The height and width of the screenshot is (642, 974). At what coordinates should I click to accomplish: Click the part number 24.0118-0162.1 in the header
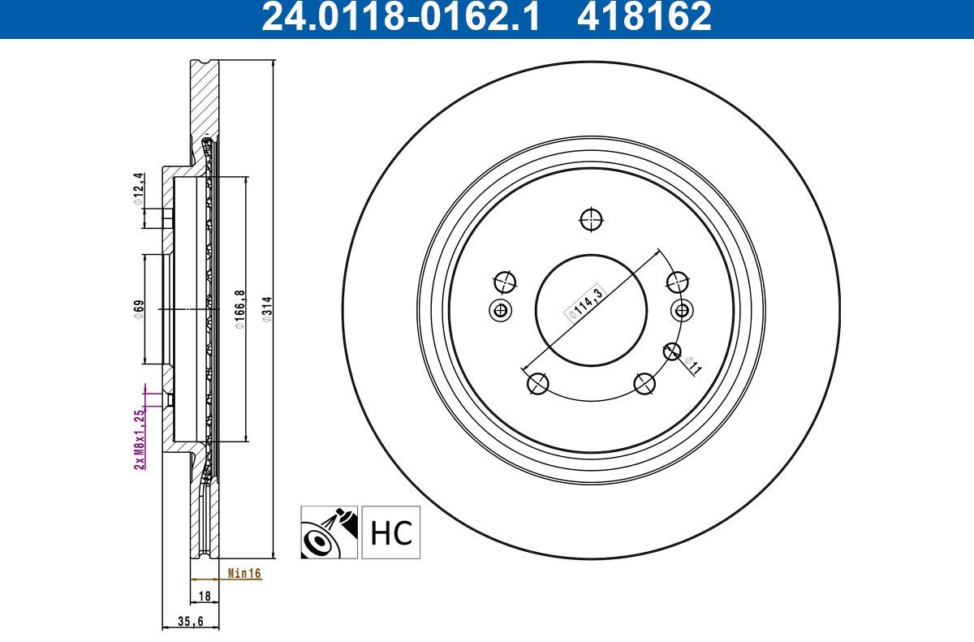[x=400, y=16]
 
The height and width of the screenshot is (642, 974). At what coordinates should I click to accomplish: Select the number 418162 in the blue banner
[x=644, y=16]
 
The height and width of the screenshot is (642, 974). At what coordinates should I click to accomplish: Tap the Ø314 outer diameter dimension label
[x=267, y=309]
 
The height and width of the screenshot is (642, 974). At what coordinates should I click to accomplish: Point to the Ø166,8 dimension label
[x=240, y=309]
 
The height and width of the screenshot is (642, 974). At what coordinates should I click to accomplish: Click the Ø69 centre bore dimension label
[x=139, y=309]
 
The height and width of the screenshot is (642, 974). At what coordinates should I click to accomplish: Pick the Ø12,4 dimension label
[x=138, y=188]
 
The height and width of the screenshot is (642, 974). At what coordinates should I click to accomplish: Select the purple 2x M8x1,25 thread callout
[x=139, y=439]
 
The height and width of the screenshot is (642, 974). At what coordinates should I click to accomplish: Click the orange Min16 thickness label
[x=244, y=574]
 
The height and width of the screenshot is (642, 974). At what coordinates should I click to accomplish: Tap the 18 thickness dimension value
[x=205, y=596]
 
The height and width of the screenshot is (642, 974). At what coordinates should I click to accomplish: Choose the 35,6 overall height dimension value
[x=191, y=622]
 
